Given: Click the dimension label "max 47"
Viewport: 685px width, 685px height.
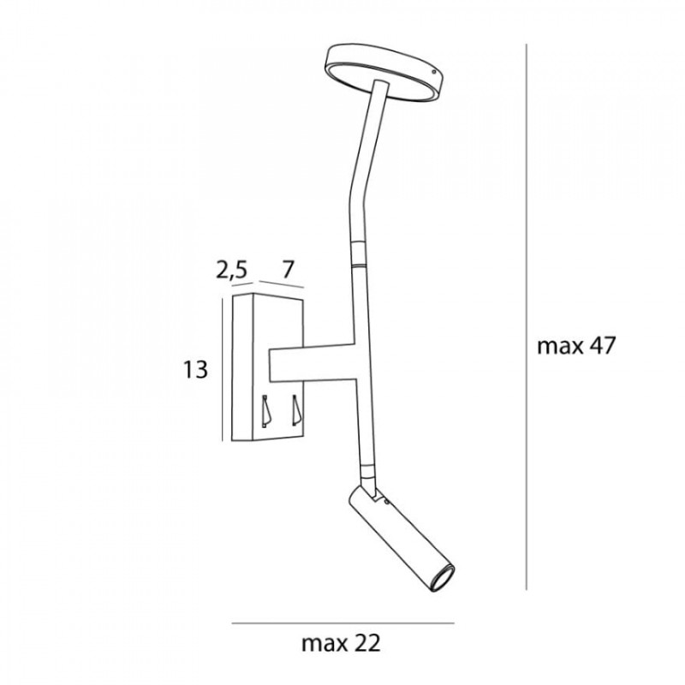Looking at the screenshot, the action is (x=575, y=346).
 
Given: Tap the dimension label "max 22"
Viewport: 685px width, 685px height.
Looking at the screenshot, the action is (x=341, y=643).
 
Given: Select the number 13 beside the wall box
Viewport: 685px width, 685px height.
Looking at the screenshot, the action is (x=195, y=370).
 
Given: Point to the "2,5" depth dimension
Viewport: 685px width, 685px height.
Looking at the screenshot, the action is (x=231, y=270).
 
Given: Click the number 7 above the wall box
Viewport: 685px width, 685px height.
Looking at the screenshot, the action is (x=287, y=269).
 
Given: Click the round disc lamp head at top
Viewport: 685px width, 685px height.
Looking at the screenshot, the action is (x=384, y=71).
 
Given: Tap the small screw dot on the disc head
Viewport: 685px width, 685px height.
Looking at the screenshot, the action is (x=433, y=73).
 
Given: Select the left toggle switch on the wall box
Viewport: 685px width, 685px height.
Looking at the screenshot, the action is (x=265, y=411).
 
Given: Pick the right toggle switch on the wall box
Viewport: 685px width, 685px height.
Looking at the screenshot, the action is (x=296, y=410).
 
